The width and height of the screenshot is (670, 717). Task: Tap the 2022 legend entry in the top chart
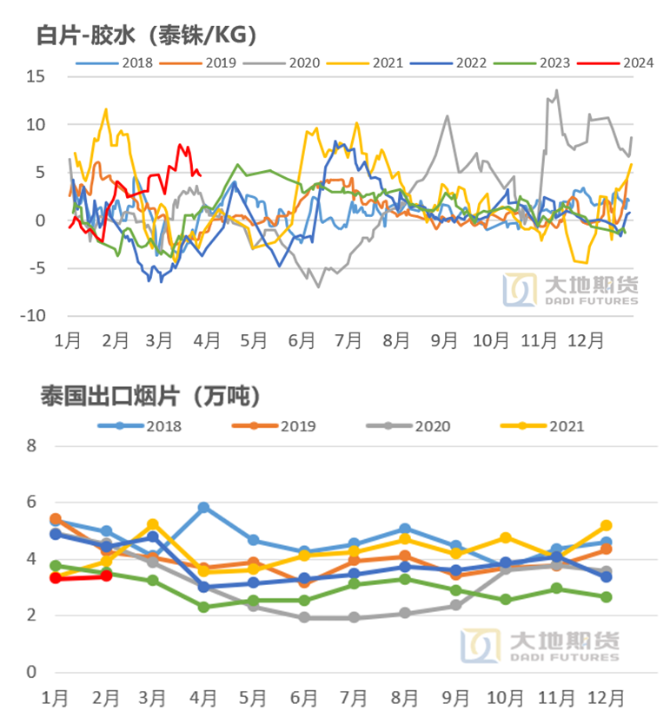(452, 62)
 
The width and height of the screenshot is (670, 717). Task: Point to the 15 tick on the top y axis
(35, 76)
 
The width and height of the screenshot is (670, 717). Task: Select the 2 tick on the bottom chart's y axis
(32, 615)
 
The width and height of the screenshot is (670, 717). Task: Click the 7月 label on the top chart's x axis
(347, 340)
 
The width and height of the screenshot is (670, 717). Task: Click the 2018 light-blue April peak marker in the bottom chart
(203, 508)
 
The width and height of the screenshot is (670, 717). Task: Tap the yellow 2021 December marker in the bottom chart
(606, 525)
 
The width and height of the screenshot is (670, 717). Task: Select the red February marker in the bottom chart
(107, 576)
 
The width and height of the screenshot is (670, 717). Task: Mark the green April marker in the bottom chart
(203, 607)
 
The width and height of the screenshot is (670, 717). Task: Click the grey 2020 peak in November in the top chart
(556, 90)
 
